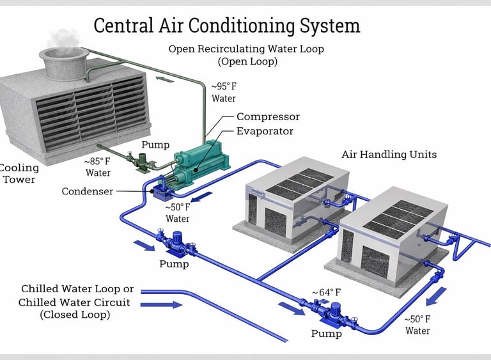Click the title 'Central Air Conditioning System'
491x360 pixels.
point(227,26)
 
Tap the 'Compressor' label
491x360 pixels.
point(268,117)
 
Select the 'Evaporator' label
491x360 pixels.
point(265,131)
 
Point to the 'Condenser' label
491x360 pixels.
point(88,191)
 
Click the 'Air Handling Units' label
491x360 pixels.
point(389,154)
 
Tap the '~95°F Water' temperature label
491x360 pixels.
point(224,92)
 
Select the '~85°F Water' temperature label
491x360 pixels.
point(98,168)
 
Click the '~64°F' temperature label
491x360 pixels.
point(326,292)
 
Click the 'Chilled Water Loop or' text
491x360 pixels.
point(77,289)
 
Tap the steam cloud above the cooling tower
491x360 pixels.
point(63,38)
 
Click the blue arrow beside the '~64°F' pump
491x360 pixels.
point(292,309)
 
